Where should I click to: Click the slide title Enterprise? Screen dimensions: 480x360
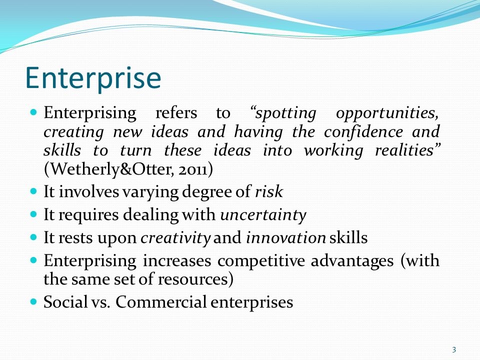click(93, 78)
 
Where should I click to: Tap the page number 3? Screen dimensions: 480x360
click(454, 349)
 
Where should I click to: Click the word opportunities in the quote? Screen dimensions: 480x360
click(387, 113)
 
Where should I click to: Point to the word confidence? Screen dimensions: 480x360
click(363, 132)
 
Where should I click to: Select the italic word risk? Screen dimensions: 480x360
click(269, 192)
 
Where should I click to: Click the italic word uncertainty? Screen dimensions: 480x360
click(263, 215)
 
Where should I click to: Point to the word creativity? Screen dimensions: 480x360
click(175, 238)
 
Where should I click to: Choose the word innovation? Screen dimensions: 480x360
click(286, 238)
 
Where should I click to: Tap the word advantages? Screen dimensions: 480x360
click(352, 261)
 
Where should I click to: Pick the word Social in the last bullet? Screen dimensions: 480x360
click(65, 302)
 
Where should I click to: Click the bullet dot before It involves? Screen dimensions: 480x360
click(33, 192)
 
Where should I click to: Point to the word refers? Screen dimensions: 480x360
click(176, 112)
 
